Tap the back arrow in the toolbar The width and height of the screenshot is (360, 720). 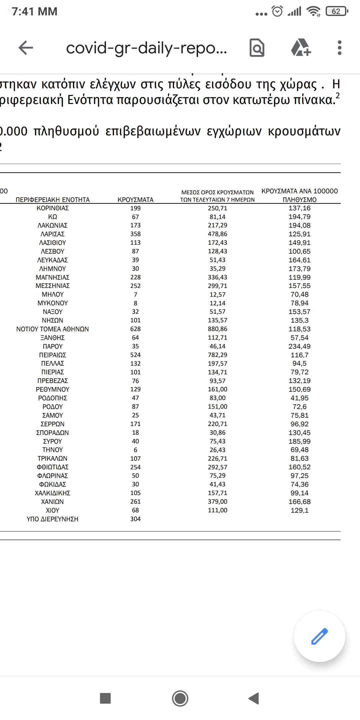click(26, 48)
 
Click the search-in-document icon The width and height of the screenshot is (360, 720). click(257, 48)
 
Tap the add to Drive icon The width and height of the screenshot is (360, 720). click(301, 48)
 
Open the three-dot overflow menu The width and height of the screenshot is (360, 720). click(339, 48)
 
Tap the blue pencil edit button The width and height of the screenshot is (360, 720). click(319, 636)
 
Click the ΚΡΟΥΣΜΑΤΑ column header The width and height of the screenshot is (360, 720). click(135, 200)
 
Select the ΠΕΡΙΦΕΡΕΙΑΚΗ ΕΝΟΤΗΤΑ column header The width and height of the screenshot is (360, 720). click(53, 200)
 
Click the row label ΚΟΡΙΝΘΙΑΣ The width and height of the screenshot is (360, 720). click(53, 208)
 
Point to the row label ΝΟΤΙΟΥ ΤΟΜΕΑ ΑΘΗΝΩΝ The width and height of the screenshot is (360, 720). click(53, 329)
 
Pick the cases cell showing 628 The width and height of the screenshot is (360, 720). click(135, 329)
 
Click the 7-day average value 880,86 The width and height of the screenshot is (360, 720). click(217, 329)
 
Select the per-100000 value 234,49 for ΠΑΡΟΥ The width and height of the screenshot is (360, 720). click(299, 346)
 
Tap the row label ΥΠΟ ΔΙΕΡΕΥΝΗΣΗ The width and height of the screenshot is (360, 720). click(53, 519)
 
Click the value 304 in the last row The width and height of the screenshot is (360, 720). click(135, 519)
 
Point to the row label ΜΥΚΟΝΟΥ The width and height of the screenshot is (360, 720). click(53, 303)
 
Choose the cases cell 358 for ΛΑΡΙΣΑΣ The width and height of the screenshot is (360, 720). click(135, 234)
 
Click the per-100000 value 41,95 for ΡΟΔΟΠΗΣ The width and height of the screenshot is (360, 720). click(299, 398)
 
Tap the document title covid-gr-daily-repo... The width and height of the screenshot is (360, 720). click(146, 48)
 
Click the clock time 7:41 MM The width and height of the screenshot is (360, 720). click(35, 12)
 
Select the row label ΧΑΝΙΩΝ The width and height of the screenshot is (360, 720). click(53, 502)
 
